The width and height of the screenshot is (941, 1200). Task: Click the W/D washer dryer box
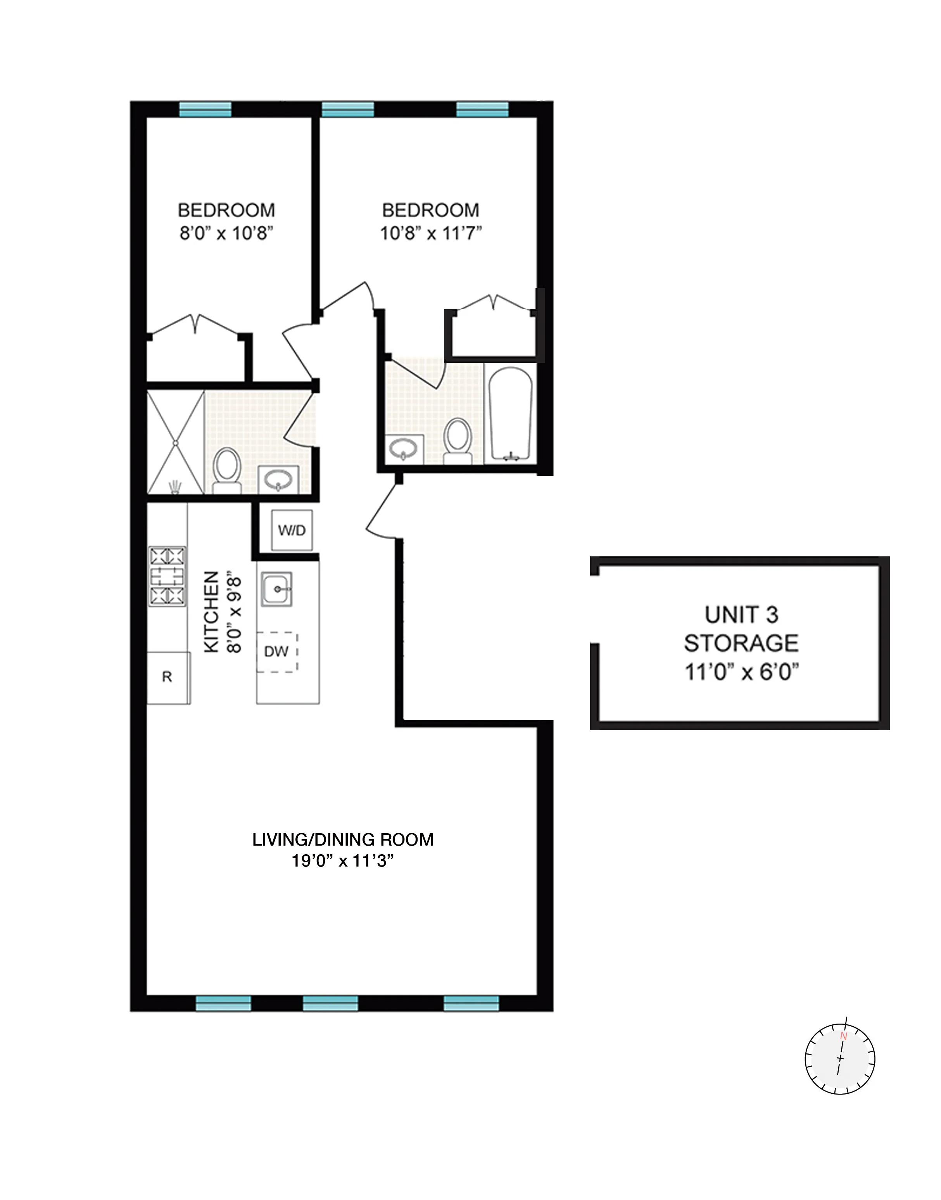292,530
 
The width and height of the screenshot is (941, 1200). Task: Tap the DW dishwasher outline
277,652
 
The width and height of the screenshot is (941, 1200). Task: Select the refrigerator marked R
168,678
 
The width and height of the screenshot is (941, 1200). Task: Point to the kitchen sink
276,589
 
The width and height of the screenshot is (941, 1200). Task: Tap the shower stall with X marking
175,442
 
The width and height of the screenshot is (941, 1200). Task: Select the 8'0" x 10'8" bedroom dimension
226,234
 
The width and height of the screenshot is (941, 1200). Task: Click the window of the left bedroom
205,110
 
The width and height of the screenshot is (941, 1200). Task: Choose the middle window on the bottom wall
331,1003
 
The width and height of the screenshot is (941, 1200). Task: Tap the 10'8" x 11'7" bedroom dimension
430,234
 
